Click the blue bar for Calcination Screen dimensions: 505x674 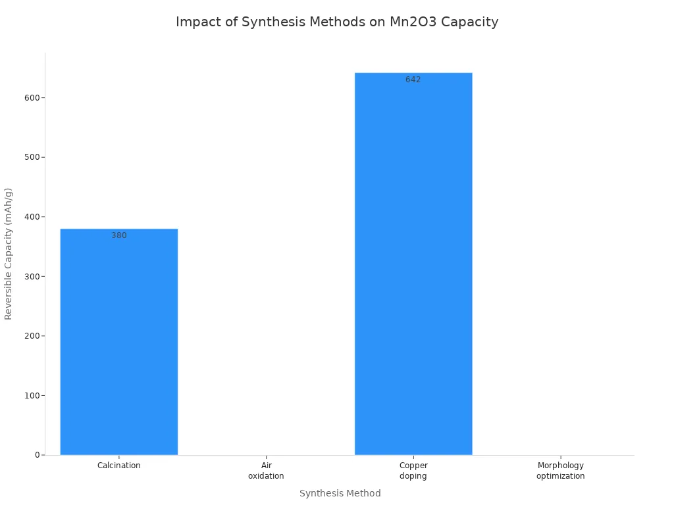tap(118, 342)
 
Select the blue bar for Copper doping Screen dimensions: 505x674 tap(413, 263)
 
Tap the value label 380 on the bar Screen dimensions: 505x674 tap(118, 235)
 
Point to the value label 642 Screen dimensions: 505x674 tap(413, 80)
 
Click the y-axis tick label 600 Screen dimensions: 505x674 tap(32, 97)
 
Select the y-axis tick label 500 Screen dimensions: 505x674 tap(32, 157)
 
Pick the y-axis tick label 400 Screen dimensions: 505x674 tap(32, 216)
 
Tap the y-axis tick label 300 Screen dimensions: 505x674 tap(32, 276)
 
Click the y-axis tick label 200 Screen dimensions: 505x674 tap(32, 335)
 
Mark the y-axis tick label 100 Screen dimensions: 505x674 tap(32, 395)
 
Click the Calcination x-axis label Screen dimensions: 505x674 tap(118, 466)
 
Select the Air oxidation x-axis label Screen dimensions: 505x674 tap(266, 471)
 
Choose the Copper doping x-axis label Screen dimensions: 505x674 tap(413, 471)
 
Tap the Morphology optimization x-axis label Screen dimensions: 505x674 tap(560, 471)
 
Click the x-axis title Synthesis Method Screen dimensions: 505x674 tap(340, 493)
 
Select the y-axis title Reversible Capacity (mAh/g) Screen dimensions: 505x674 tap(9, 254)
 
